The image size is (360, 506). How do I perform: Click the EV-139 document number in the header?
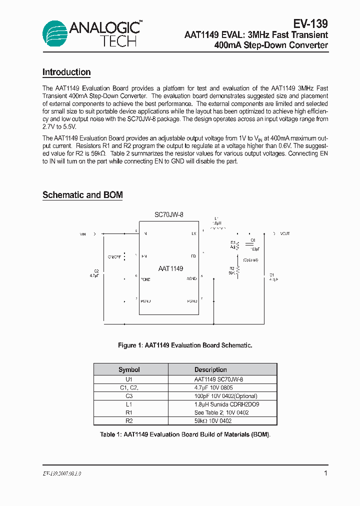[x=310, y=23]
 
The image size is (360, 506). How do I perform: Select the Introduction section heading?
[x=66, y=72]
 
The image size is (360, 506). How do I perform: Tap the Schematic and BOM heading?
[x=82, y=195]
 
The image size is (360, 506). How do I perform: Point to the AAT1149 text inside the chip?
[x=170, y=269]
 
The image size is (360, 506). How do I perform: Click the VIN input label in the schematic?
[x=83, y=233]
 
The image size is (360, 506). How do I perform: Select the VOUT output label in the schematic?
[x=284, y=233]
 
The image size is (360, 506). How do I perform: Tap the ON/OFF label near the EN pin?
[x=114, y=256]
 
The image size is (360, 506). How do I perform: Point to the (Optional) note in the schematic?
[x=251, y=260]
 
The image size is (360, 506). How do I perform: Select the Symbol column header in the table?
[x=129, y=369]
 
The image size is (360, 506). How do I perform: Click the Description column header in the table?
[x=210, y=369]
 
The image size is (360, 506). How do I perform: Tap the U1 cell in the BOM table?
[x=129, y=379]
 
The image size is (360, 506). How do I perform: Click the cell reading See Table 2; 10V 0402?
[x=221, y=412]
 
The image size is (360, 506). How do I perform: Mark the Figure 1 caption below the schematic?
[x=185, y=345]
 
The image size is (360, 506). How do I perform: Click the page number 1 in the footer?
[x=325, y=473]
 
